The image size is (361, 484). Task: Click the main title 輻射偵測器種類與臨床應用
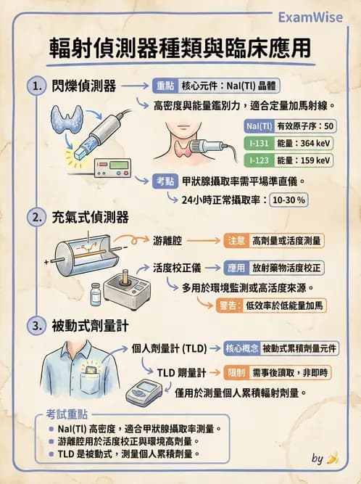click(180, 48)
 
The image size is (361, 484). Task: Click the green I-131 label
click(259, 143)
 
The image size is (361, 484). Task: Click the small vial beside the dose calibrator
click(94, 295)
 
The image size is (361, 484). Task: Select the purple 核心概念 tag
click(242, 348)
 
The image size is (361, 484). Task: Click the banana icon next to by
click(333, 458)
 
